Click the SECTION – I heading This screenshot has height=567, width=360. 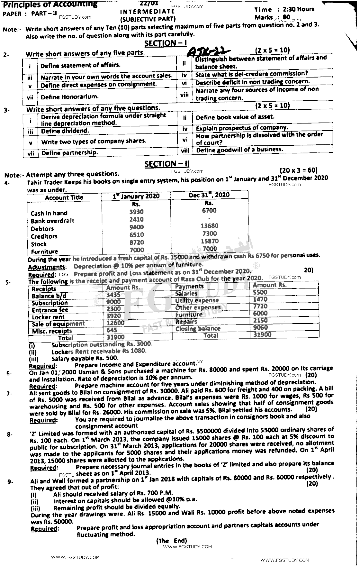pyautogui.click(x=165, y=43)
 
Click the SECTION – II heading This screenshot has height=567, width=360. pyautogui.click(x=167, y=164)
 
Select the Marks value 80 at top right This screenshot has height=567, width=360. pyautogui.click(x=286, y=17)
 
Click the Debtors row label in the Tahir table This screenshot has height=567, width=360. pyautogui.click(x=42, y=229)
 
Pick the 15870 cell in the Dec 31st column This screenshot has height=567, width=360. pyautogui.click(x=209, y=241)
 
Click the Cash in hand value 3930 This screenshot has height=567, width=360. pyautogui.click(x=136, y=212)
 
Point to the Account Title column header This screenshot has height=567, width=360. pyautogui.click(x=64, y=197)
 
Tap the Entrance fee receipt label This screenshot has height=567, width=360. pyautogui.click(x=50, y=310)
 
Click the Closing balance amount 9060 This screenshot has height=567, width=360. pyautogui.click(x=260, y=327)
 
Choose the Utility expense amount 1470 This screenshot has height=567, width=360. pyautogui.click(x=260, y=299)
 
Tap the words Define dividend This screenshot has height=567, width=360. pyautogui.click(x=61, y=131)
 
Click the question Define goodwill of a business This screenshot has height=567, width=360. pyautogui.click(x=239, y=150)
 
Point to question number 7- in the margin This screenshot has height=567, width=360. pyautogui.click(x=9, y=393)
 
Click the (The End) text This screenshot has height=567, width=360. pyautogui.click(x=171, y=541)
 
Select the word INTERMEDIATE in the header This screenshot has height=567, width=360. pyautogui.click(x=147, y=12)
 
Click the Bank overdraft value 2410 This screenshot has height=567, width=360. pyautogui.click(x=136, y=220)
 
